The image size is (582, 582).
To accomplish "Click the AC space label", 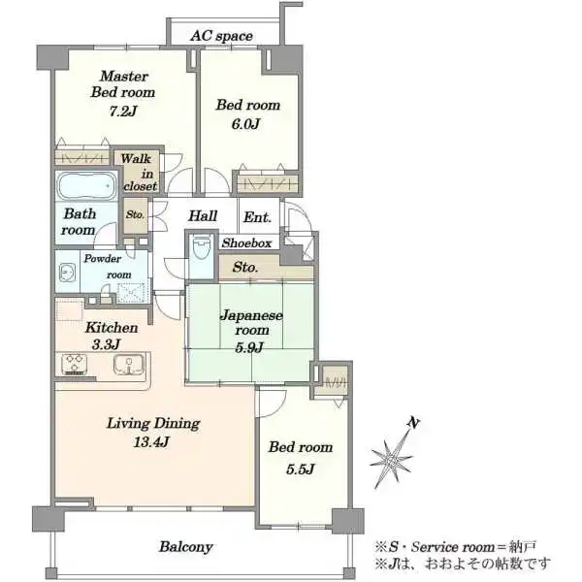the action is click(x=221, y=36).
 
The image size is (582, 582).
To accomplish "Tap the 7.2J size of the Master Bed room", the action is click(x=123, y=111).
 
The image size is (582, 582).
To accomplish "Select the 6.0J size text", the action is click(x=245, y=124).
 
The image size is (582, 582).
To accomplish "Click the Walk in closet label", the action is click(x=138, y=173).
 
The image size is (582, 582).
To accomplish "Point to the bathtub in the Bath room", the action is click(x=87, y=185).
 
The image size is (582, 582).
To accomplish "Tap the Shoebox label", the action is click(x=246, y=243).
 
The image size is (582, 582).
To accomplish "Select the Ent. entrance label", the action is click(x=257, y=217).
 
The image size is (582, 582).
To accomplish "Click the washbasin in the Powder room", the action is click(x=67, y=274).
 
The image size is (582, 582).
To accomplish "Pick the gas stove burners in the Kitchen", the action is click(x=75, y=364).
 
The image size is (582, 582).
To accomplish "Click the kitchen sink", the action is click(x=129, y=364).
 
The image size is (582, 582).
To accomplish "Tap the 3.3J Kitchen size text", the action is click(x=106, y=344).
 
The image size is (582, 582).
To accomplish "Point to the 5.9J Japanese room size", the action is click(x=249, y=347).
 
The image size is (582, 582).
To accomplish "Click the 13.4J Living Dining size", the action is click(x=152, y=441).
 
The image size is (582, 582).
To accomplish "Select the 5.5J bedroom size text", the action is click(x=300, y=469).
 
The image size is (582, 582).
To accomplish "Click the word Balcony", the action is click(x=186, y=547).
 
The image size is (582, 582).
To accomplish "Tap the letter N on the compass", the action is click(x=413, y=423).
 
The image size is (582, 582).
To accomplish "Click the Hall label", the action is click(x=203, y=215).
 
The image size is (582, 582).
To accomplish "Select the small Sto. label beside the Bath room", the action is click(x=135, y=214).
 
